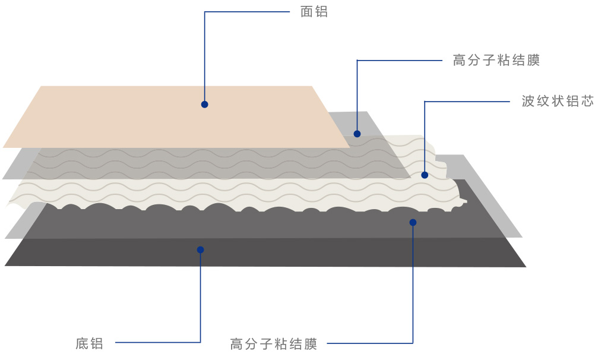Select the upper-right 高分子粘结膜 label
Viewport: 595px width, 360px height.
point(496,61)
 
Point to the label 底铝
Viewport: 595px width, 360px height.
point(90,343)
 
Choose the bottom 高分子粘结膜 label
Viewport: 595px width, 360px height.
point(274,344)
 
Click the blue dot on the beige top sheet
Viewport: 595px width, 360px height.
point(204,105)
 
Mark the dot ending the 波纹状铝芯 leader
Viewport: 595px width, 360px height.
point(425,175)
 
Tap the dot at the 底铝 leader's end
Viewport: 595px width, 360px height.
point(201,250)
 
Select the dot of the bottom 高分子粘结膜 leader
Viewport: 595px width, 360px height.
point(413,223)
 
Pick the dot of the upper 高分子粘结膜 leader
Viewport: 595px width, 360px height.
point(357,134)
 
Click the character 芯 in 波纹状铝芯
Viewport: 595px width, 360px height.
point(587,102)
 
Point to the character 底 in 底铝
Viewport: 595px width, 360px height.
point(82,343)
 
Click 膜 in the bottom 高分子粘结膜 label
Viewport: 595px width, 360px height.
point(311,344)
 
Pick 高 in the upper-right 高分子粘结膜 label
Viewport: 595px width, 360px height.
point(459,61)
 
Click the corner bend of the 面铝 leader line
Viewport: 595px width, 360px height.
point(205,12)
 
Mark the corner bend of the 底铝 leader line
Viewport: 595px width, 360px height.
point(201,343)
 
